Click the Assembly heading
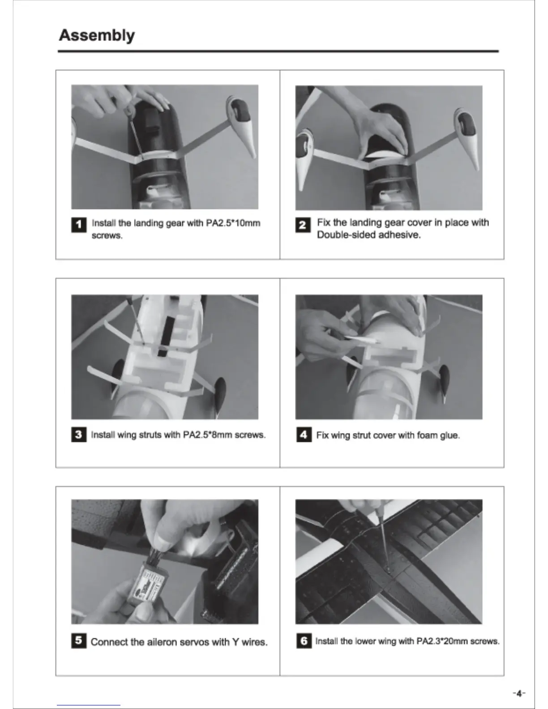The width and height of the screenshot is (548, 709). pyautogui.click(x=97, y=35)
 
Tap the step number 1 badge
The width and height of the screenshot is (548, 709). pyautogui.click(x=79, y=225)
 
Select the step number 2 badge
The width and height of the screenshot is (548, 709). pyautogui.click(x=303, y=225)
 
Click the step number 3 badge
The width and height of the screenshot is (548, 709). pyautogui.click(x=79, y=435)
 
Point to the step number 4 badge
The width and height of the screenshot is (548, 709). pyautogui.click(x=304, y=435)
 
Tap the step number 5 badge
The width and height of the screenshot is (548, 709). pyautogui.click(x=79, y=641)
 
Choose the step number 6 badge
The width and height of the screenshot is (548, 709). pyautogui.click(x=304, y=641)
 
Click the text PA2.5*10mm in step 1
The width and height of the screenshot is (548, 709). pyautogui.click(x=233, y=223)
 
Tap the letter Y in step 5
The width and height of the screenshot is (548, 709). pyautogui.click(x=235, y=642)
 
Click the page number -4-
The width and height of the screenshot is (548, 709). pyautogui.click(x=519, y=693)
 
